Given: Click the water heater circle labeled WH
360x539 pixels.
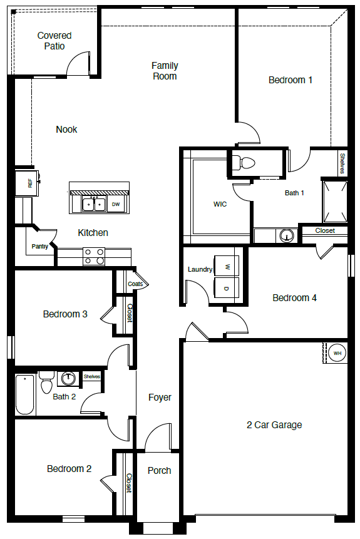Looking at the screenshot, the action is coord(337,353).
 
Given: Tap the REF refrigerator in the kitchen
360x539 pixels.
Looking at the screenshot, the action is coord(27,183).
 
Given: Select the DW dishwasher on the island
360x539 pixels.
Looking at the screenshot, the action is coord(116,204).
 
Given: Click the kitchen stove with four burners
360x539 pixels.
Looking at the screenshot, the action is coord(94,257).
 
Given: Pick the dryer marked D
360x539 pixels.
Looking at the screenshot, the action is coord(227,289).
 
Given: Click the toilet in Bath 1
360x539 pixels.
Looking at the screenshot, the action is coord(244,162).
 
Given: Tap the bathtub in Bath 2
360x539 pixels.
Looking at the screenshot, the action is coord(25,394).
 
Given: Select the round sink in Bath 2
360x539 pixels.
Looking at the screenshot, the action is coord(68,379).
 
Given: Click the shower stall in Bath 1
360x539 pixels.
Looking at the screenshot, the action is coord(334,202).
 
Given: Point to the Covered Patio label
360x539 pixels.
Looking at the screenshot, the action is coord(54,41).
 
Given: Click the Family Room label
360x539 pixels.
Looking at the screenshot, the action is coord(165,71).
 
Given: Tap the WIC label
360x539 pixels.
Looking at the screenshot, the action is coord(220,204).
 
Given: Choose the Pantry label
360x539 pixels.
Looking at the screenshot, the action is coord(40,247).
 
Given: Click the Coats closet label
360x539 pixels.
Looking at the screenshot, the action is coord(135,284).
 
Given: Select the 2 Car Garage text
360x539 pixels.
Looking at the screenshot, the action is coord(274,425).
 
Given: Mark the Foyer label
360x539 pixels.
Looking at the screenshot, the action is coord(160,398).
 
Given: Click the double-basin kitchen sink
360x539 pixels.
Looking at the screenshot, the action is coord(94,204).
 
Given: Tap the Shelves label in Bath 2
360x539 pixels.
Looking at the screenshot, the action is coord(92,376).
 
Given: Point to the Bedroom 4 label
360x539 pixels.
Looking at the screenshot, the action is coord(294,298).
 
